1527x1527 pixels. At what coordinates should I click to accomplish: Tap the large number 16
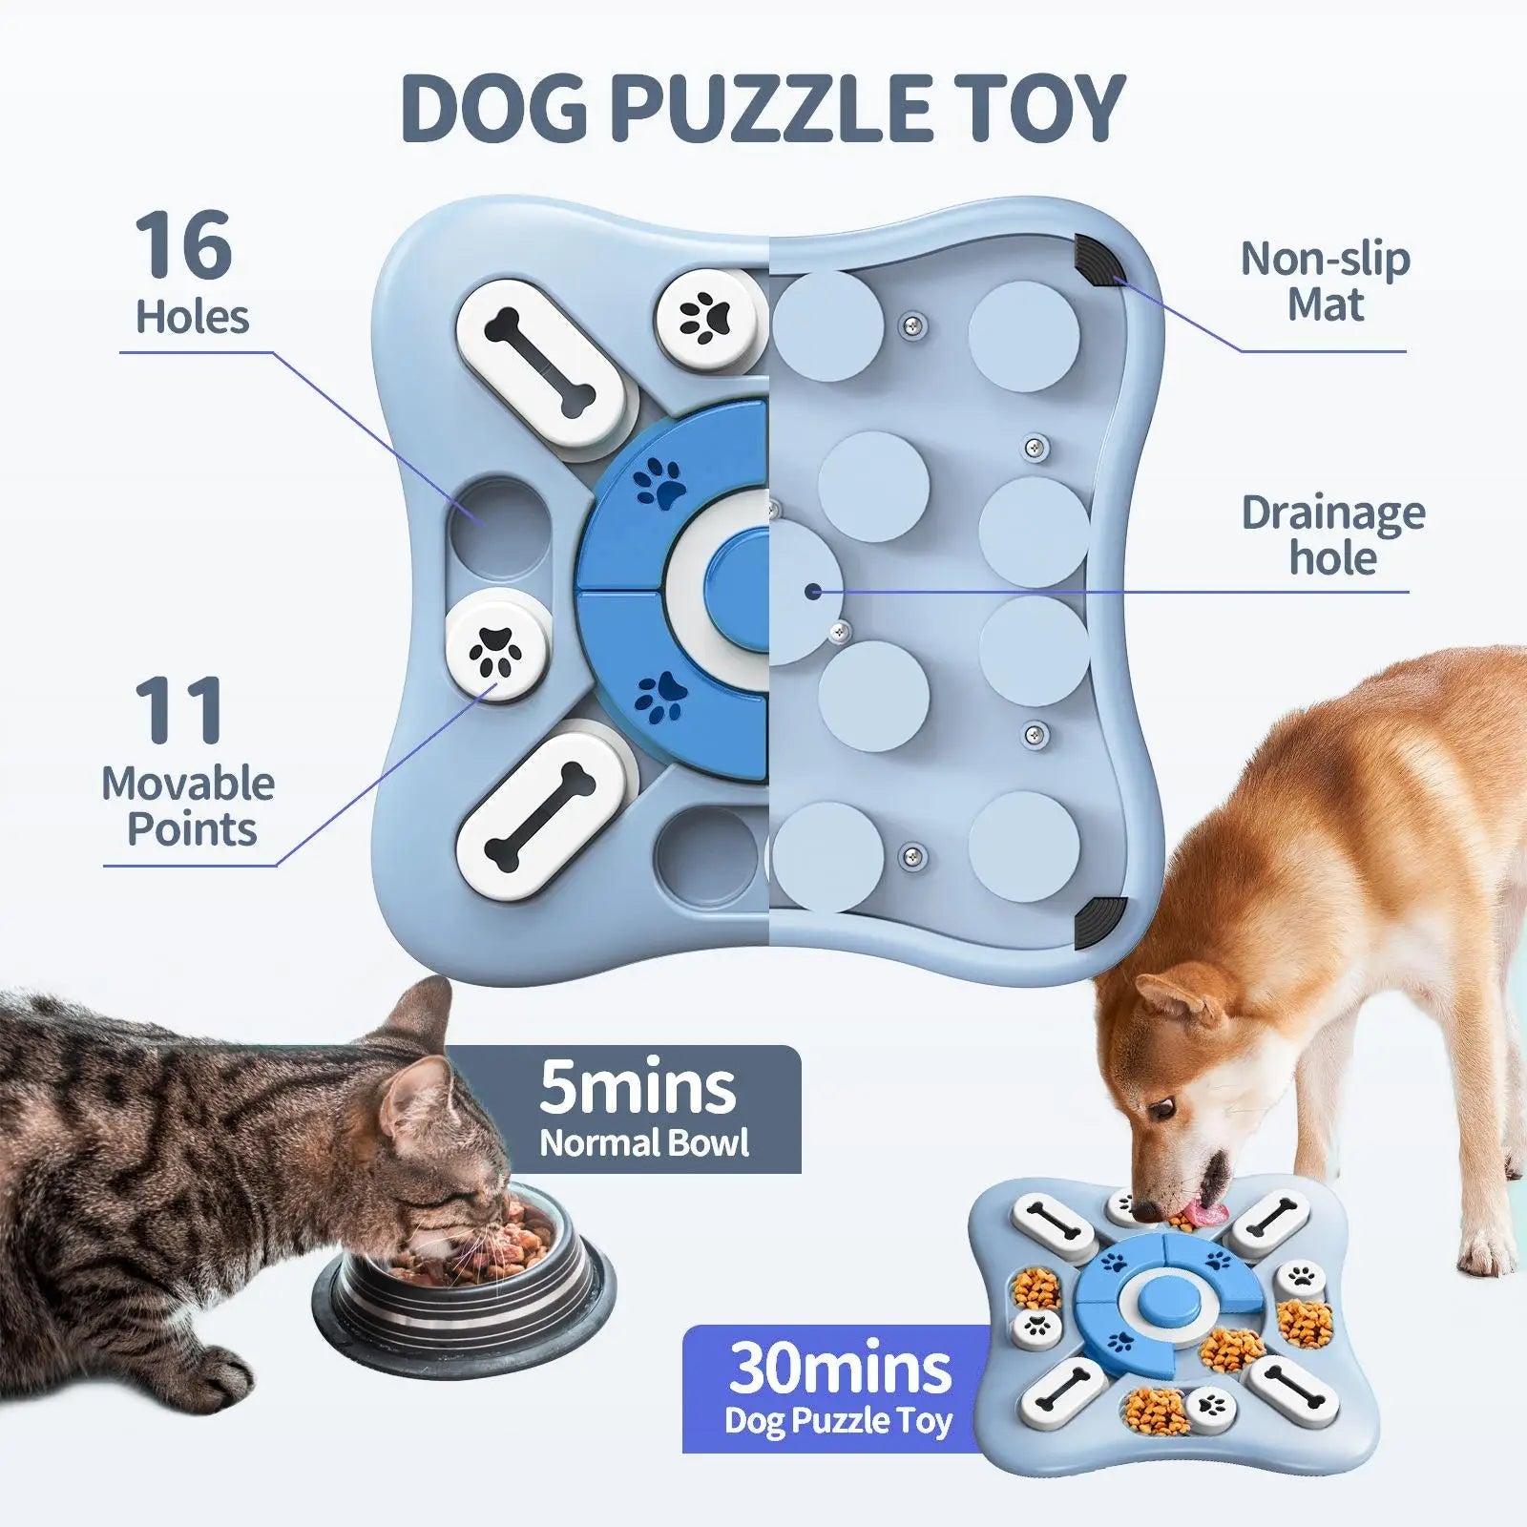[183, 246]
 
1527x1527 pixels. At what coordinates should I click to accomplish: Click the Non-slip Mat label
[1325, 282]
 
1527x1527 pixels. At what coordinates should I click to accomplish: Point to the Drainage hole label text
[1332, 535]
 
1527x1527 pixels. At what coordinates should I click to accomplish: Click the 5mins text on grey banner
[638, 1088]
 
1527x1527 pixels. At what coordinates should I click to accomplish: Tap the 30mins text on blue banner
[840, 1369]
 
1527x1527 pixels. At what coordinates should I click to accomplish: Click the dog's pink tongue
[1204, 1214]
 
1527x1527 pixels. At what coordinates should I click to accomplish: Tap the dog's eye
[1161, 1109]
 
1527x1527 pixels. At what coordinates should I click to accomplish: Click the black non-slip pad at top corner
[1098, 259]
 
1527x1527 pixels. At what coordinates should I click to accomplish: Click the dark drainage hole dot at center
[812, 592]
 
